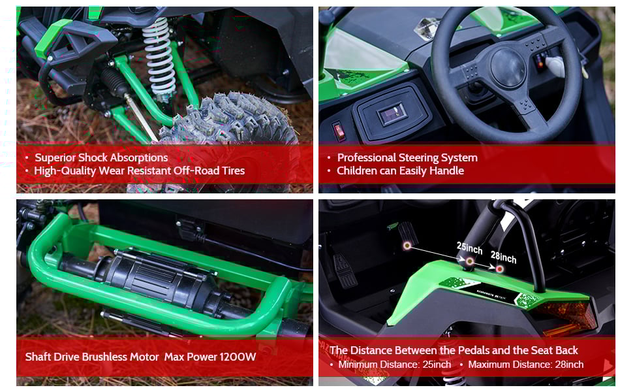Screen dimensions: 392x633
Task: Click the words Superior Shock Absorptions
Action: coord(101,157)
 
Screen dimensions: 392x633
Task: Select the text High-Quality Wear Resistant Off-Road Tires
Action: coord(140,171)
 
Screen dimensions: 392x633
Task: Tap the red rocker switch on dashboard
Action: coord(339,131)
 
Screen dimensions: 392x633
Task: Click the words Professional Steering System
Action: coord(407,157)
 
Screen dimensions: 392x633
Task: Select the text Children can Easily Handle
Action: coord(400,171)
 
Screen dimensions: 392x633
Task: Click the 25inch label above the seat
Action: coord(469,249)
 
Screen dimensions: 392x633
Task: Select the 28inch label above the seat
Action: coord(503,258)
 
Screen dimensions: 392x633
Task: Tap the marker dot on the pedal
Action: coord(407,245)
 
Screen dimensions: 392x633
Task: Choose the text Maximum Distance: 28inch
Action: coord(525,365)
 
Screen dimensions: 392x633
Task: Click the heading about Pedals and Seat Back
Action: coord(454,350)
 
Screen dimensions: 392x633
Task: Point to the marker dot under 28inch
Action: coord(500,269)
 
